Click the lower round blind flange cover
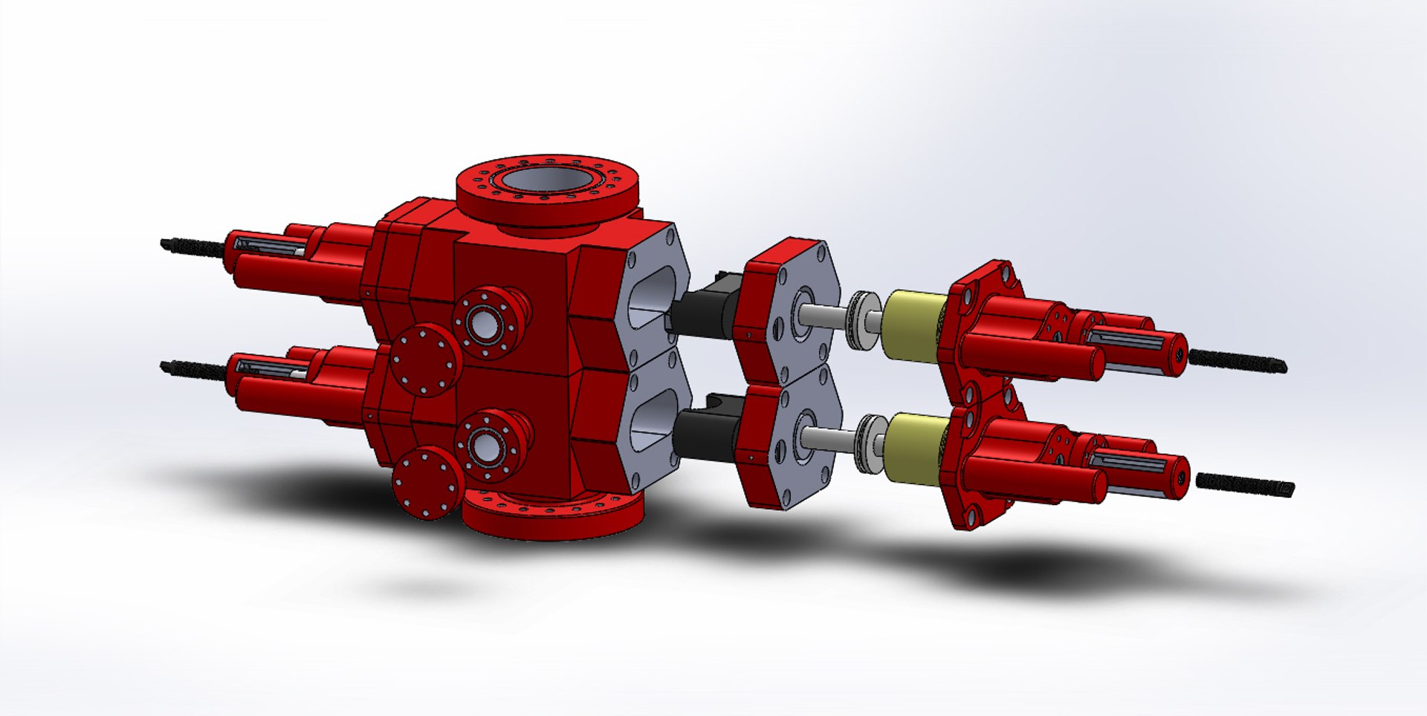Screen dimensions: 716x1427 (x=427, y=483)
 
